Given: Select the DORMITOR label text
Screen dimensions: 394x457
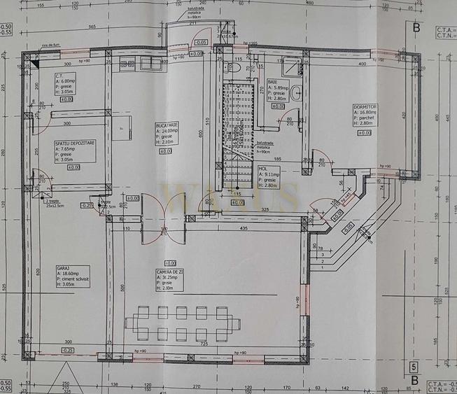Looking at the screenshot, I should pos(365,106).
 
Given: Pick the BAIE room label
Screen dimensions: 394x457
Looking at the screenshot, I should pos(272,81).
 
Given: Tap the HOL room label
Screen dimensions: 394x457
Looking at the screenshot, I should pos(263,169).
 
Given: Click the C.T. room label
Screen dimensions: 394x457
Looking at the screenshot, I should pos(62,76).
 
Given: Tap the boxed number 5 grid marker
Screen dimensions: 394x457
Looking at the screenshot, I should pos(414,366).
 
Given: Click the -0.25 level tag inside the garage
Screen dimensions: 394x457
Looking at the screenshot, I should pos(67,350).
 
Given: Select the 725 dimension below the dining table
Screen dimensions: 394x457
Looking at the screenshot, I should pos(203,345).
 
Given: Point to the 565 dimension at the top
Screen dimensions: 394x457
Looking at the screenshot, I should pos(92,27).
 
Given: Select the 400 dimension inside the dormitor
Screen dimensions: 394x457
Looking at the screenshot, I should pos(362,64).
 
